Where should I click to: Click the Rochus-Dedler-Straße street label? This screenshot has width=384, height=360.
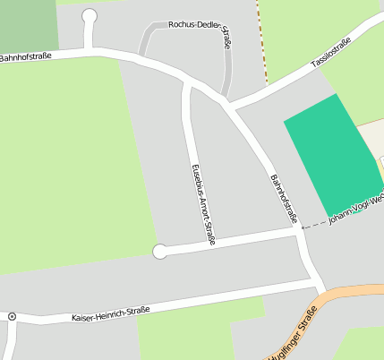[x=199, y=24]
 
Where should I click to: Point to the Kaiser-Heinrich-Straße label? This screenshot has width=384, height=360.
[x=109, y=314]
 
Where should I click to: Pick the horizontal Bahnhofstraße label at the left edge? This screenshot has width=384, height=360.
[x=25, y=56]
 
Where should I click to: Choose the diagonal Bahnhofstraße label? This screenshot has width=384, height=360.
[x=283, y=198]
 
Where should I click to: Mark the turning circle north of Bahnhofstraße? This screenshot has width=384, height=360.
[x=90, y=15]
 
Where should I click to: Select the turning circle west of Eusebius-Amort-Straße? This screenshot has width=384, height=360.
[x=160, y=252]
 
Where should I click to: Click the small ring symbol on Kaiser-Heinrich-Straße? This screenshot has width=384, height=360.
[x=12, y=316]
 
